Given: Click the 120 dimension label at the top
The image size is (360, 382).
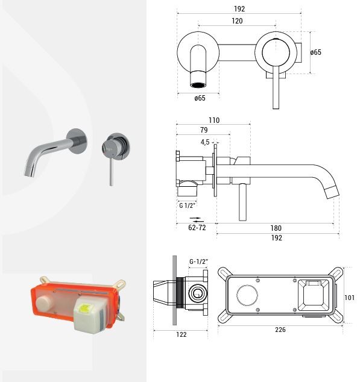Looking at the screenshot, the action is pos(237,21).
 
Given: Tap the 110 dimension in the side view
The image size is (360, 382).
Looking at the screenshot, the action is pos(214,121).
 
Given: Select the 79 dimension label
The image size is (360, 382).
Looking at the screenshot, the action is pos(204,130).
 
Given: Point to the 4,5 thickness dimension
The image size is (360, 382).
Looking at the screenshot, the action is pos(205,142).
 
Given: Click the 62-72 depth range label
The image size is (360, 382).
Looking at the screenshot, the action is pos(197,228).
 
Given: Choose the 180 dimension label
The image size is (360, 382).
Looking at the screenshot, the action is pos(276,228).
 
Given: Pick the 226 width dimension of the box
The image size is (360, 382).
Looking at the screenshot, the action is pos(280,330).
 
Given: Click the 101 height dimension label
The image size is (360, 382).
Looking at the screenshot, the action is pos(350,298).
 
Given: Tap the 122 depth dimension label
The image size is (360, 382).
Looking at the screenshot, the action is pos(182,334).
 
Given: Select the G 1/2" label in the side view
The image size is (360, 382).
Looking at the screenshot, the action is pos(188,205).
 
